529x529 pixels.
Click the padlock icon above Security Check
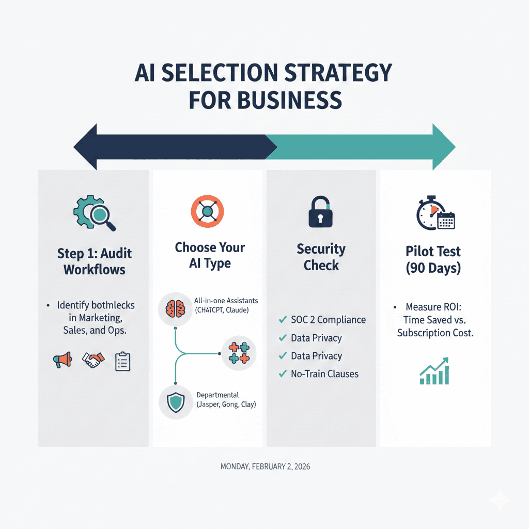point(320,212)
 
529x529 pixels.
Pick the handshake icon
point(93,361)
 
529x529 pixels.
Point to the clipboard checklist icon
point(122,362)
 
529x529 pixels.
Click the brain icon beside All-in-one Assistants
point(175,308)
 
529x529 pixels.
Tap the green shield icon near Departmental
point(175,401)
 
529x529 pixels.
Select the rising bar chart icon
point(434,370)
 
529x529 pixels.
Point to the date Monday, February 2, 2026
point(265,466)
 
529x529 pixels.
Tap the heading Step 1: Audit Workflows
point(95,261)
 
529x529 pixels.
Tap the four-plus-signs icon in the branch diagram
point(238,353)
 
